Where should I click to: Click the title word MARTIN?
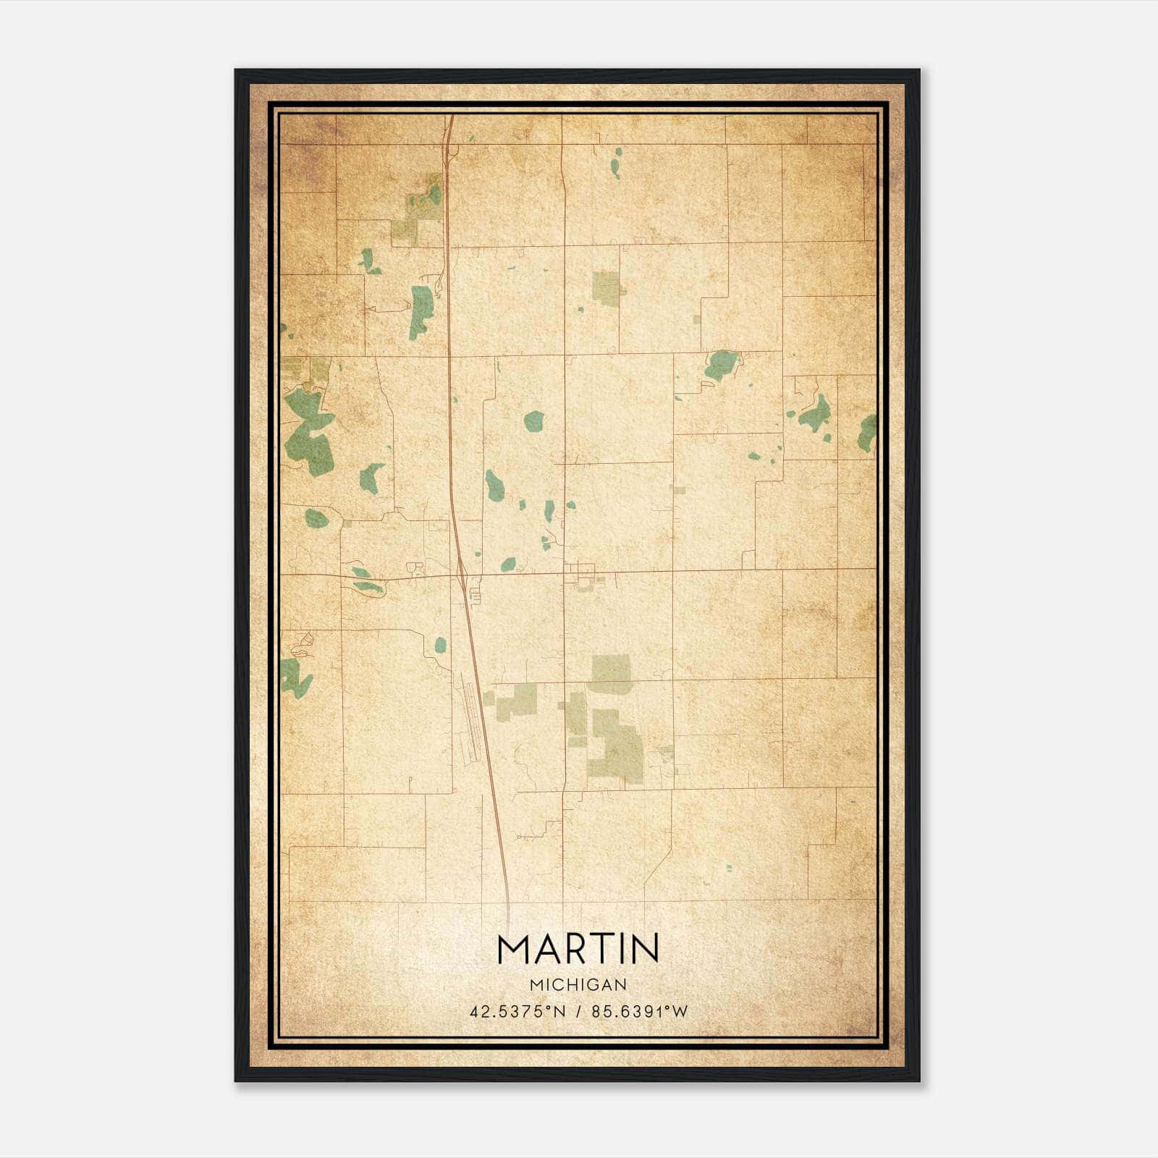[578, 949]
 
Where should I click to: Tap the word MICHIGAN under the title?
[578, 984]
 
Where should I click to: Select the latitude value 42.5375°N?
[517, 1012]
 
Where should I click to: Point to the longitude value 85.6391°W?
[639, 1012]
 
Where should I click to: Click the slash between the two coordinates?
[578, 1012]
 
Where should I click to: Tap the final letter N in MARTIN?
[644, 949]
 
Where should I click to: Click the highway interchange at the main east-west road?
[462, 574]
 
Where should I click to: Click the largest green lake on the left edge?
[308, 434]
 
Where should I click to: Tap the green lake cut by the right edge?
[867, 433]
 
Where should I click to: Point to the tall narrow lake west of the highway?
[420, 311]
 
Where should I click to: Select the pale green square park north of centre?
[607, 287]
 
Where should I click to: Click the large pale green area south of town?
[615, 745]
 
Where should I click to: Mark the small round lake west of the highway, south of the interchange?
[440, 643]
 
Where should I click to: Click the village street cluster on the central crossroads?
[583, 576]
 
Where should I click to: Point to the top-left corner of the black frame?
[236, 70]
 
